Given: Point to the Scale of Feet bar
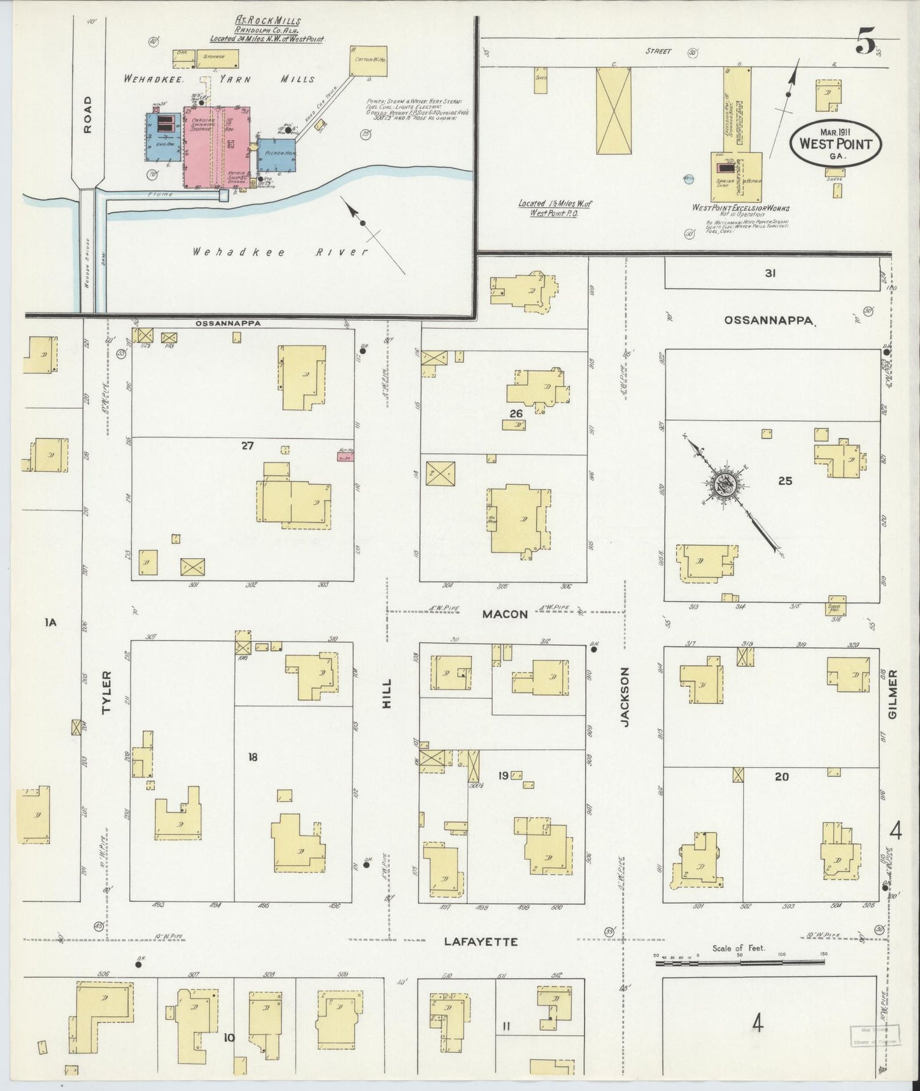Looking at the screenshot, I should pos(739,962).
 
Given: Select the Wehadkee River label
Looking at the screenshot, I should pos(281,252).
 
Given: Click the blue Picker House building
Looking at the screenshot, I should pos(277,155).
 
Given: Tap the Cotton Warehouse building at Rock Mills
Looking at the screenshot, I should pos(369,61).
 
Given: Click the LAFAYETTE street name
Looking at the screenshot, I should pos(480,941).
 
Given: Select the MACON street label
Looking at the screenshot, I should pos(505,614).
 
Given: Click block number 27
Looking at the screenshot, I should pos(247,446).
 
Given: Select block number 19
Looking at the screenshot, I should pos(503,775).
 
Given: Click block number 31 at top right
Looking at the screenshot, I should pos(770,274).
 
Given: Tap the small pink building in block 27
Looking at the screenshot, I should pos(346,454).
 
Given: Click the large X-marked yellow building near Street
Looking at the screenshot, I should pos(614,111).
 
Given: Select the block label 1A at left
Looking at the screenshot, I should pos(51,623).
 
